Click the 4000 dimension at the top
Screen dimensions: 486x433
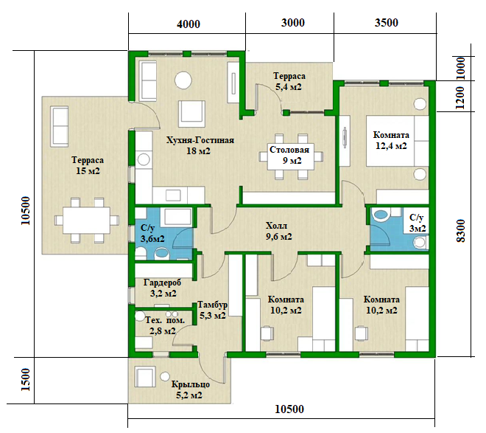tap(189, 24)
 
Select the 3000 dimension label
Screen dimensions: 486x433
tap(293, 23)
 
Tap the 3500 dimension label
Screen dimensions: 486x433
tap(386, 23)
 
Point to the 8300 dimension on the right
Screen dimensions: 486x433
tap(461, 231)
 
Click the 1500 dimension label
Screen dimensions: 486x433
tap(26, 380)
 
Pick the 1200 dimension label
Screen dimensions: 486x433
tap(460, 97)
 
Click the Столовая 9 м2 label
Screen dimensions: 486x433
tap(289, 155)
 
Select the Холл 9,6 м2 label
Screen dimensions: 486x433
tap(278, 231)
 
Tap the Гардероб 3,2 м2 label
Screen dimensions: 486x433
tap(163, 288)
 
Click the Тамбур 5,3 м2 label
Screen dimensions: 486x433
tap(213, 310)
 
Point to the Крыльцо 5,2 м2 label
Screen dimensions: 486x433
tap(190, 390)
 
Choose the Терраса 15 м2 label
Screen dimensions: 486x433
tap(88, 165)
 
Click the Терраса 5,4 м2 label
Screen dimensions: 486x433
tap(289, 81)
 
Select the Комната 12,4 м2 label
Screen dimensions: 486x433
tap(391, 140)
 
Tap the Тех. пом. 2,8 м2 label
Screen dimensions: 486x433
tap(164, 325)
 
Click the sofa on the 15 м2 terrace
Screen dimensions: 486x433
tap(59, 127)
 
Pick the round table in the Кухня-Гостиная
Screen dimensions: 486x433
tap(183, 80)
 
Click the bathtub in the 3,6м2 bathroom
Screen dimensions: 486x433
tap(177, 216)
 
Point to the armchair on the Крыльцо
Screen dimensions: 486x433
tap(145, 377)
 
